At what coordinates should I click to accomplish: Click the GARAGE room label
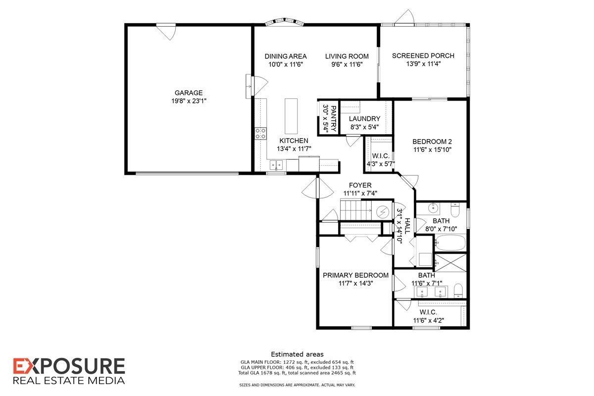pos(188,93)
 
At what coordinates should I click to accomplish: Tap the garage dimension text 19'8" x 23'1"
pos(188,101)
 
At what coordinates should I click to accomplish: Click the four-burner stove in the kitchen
pos(260,133)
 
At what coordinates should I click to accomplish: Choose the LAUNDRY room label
pos(364,119)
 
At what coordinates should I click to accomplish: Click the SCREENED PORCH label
pos(423,56)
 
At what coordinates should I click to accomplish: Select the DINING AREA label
pos(285,56)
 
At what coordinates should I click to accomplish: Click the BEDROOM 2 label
pos(432,141)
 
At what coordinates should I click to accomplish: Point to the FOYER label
pos(360,185)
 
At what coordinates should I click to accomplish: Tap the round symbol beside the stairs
pos(383,212)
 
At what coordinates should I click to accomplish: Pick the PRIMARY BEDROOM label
pos(355,275)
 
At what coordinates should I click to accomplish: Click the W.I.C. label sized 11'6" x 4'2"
pos(428,312)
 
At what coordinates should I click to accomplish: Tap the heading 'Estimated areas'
pos(297,354)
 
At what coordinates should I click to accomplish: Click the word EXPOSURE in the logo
pos(69,367)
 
